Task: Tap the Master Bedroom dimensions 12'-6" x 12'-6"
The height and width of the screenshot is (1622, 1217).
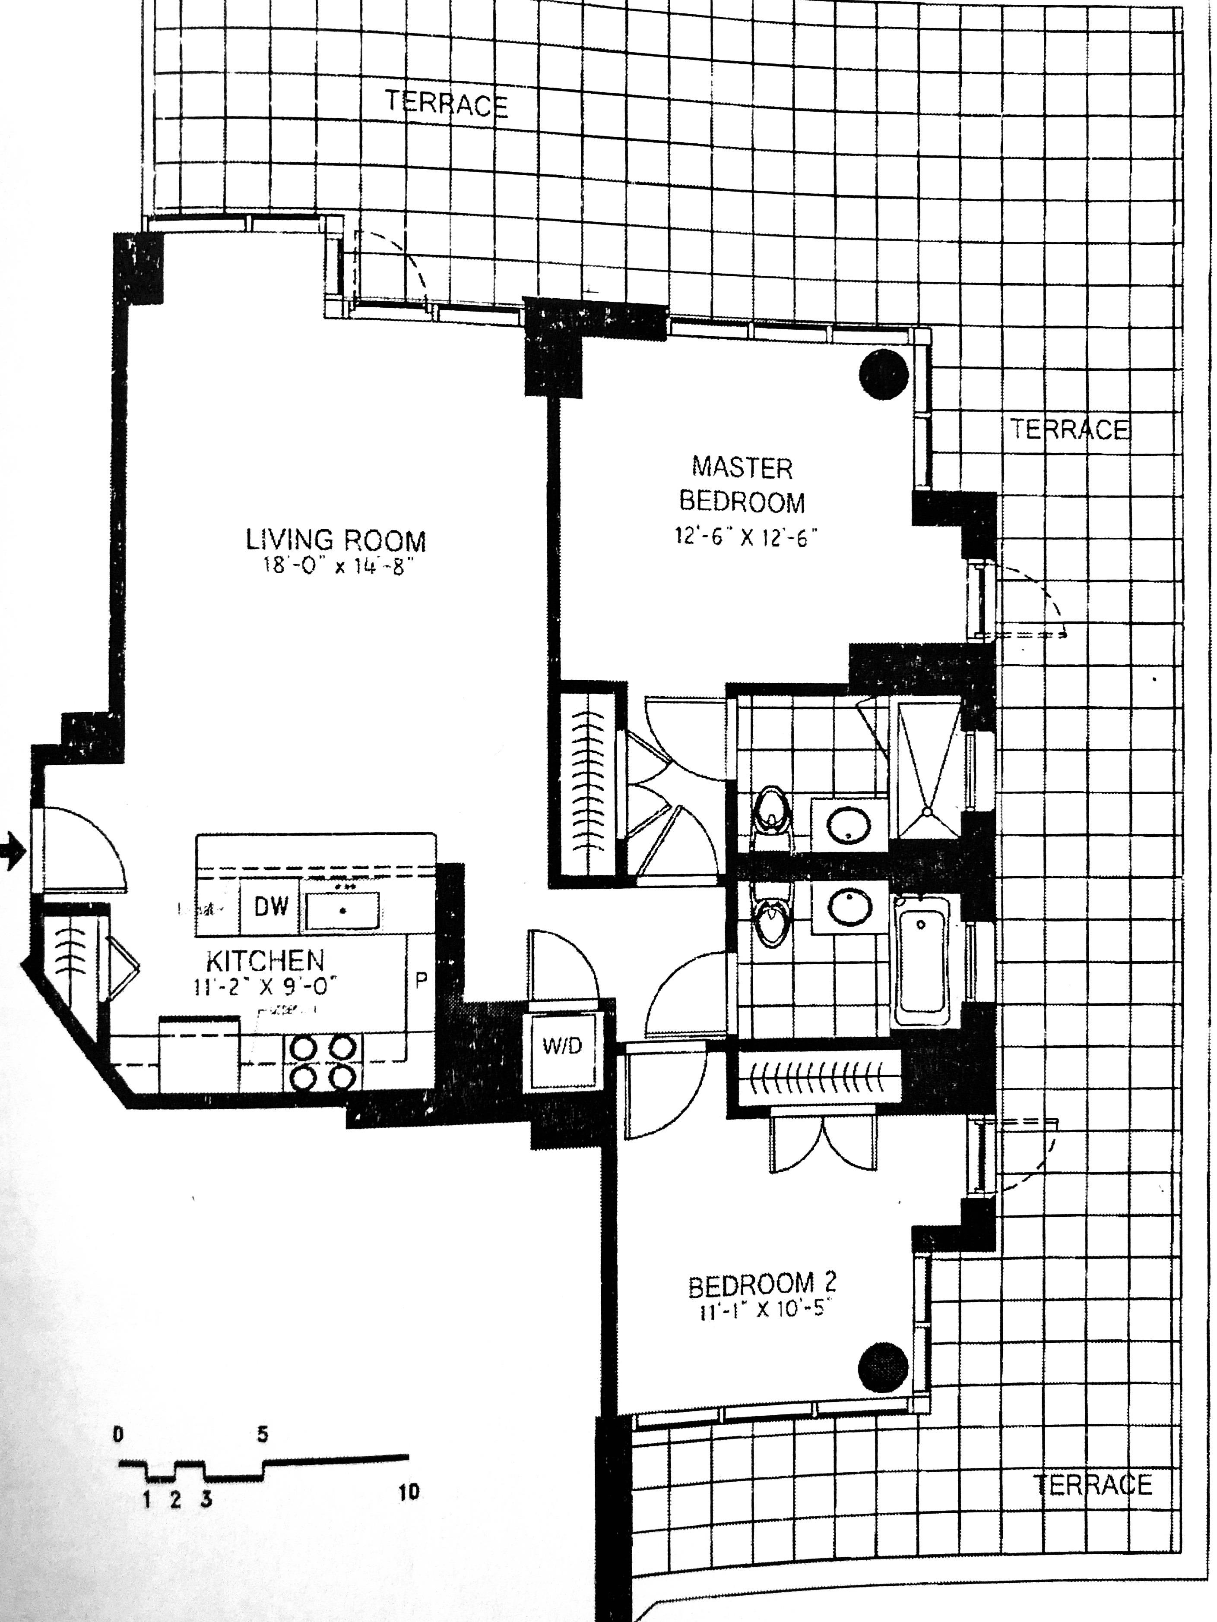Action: point(745,537)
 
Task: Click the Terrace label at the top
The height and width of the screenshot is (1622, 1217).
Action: point(447,104)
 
